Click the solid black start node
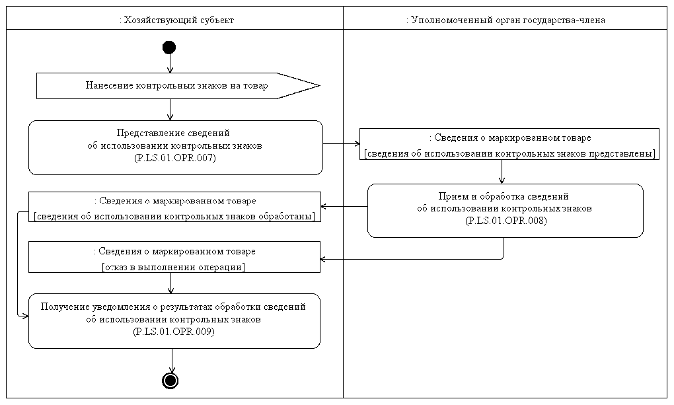tap(170, 47)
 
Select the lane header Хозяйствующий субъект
tap(175, 20)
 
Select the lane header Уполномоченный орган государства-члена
tap(506, 20)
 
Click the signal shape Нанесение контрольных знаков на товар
tap(176, 86)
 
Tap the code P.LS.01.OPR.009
tap(174, 332)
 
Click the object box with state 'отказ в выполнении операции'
tap(174, 257)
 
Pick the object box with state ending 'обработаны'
tap(174, 207)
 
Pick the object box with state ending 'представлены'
tap(509, 145)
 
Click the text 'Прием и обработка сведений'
tap(505, 197)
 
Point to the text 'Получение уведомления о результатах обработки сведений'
tap(174, 308)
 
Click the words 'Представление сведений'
tap(174, 133)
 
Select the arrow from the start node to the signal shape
tap(170, 63)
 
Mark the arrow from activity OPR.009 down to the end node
tap(172, 360)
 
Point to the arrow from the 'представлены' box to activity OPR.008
tap(502, 172)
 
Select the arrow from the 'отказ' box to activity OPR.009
tap(171, 283)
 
